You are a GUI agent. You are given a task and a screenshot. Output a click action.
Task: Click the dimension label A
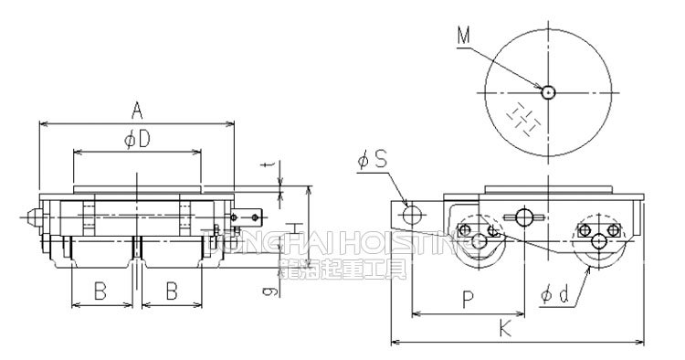click(136, 111)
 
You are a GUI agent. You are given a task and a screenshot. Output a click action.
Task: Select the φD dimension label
click(136, 139)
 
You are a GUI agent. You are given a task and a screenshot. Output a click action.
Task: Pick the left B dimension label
click(101, 292)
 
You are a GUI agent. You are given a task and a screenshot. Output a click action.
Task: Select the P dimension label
click(467, 298)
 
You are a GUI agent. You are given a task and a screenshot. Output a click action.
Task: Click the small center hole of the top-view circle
click(547, 91)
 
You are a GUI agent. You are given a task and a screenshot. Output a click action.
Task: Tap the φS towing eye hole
click(413, 214)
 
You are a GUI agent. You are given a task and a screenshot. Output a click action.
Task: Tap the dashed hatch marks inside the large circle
click(522, 117)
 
